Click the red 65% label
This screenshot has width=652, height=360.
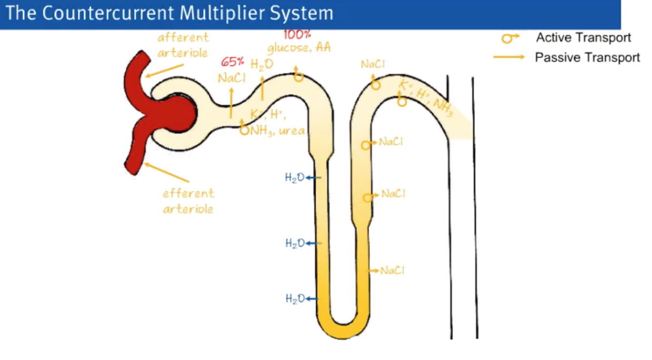click(233, 62)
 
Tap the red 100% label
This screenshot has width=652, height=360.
click(297, 35)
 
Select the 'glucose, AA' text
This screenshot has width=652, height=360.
click(299, 47)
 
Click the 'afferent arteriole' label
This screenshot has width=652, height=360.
click(183, 45)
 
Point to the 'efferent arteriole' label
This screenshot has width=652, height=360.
click(189, 201)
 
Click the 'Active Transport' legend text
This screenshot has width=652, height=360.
click(583, 38)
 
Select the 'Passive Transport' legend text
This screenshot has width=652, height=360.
click(587, 58)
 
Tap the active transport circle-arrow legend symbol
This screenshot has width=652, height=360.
click(509, 38)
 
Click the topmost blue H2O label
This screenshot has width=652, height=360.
click(295, 178)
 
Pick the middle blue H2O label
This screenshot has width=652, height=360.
click(295, 243)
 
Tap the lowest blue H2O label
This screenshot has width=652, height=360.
click(295, 298)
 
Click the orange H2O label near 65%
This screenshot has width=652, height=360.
click(262, 65)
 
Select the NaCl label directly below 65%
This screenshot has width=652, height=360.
click(232, 78)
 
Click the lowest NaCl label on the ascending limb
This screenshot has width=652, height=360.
click(392, 270)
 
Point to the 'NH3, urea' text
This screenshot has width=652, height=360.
click(278, 131)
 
